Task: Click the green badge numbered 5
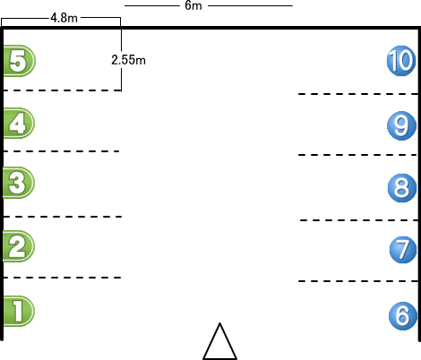tap(20, 61)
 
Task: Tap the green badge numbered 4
tap(19, 123)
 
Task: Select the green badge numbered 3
tap(19, 183)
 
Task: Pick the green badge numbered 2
tap(19, 246)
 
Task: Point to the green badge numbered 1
tap(19, 311)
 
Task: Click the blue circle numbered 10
tap(401, 61)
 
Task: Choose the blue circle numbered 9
tap(402, 125)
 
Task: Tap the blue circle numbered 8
tap(402, 188)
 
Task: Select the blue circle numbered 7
tap(403, 250)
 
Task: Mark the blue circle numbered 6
tap(403, 316)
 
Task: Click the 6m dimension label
tap(193, 5)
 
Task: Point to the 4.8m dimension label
tap(64, 18)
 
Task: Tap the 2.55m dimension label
tap(128, 60)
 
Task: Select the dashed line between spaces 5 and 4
tap(62, 90)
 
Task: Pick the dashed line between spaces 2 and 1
tap(62, 278)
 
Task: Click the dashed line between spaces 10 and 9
tap(358, 94)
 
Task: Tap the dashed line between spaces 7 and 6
tap(358, 281)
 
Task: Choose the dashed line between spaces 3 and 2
tap(63, 217)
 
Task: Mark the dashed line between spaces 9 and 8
tap(357, 155)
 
